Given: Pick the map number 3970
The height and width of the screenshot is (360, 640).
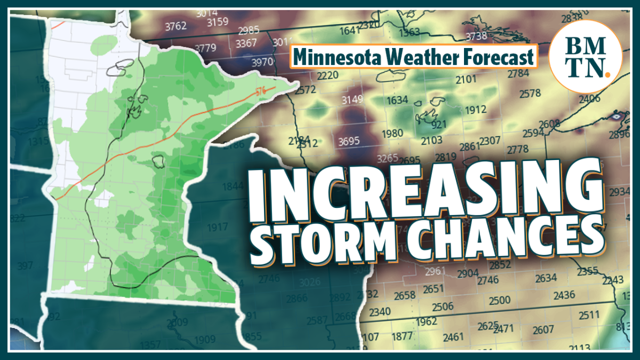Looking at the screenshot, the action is tap(262, 62).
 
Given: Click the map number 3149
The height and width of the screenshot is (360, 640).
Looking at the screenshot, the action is tap(352, 99).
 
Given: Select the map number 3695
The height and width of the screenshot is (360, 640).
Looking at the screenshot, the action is tap(349, 141).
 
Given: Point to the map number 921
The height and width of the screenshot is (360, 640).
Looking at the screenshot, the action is tap(438, 125).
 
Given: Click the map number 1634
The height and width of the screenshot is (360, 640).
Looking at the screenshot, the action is tap(397, 100).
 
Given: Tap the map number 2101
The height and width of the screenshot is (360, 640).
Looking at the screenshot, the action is tap(467, 80).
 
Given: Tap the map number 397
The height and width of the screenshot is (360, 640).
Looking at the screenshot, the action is tap(25, 266).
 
